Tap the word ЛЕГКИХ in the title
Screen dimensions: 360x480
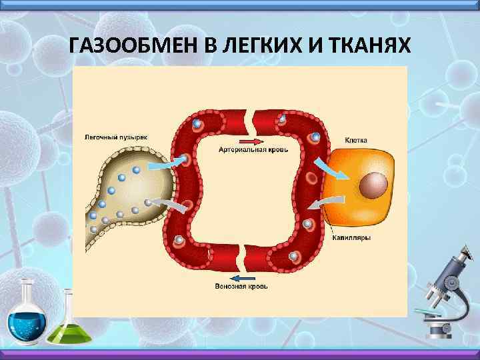click(x=255, y=46)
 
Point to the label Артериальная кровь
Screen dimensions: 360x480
click(x=253, y=151)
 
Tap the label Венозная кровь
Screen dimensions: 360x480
click(x=241, y=287)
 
